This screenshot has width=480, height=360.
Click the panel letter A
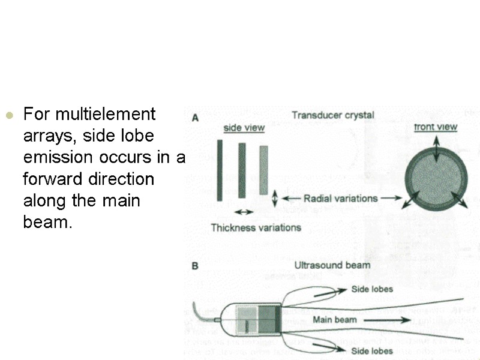click(195, 118)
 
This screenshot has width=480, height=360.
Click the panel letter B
click(195, 265)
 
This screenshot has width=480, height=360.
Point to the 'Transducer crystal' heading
click(332, 115)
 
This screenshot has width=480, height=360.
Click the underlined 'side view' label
click(244, 128)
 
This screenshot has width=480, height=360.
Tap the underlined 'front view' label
click(436, 127)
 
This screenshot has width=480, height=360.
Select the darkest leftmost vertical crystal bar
click(220, 170)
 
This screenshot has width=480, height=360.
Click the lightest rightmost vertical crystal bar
click(263, 170)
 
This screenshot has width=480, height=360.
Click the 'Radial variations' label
click(340, 198)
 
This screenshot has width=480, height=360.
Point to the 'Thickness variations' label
click(256, 227)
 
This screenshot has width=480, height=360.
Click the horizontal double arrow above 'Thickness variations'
click(242, 212)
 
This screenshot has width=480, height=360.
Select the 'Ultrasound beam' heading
click(332, 265)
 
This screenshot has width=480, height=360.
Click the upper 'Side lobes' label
click(372, 289)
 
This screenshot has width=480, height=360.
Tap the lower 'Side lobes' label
click(372, 351)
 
